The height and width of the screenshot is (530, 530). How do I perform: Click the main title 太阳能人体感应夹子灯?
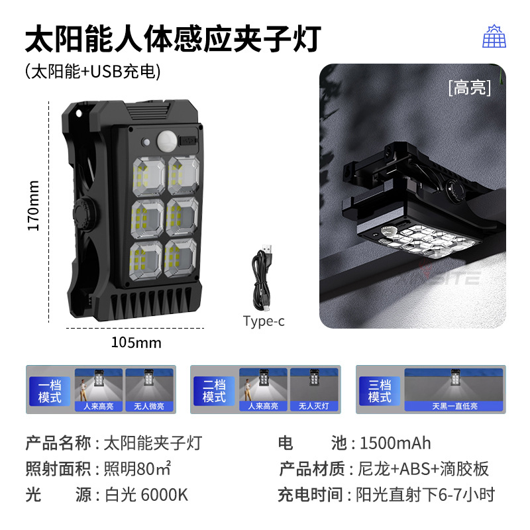pos(173,39)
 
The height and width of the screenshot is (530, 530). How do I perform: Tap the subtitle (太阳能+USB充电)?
pos(93,71)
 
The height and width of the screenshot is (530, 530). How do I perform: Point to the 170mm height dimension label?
pos(34,205)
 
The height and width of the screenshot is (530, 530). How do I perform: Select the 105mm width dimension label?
pos(136,343)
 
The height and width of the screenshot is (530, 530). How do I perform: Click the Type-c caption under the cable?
pos(264,321)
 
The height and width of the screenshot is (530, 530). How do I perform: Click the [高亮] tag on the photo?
pos(469,87)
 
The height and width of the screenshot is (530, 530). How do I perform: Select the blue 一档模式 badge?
pos(50,391)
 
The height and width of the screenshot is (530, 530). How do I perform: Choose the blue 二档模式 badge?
pos(214,391)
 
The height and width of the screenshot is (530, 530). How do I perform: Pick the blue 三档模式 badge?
pos(380,391)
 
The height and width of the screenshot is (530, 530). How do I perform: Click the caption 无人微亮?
pos(147,406)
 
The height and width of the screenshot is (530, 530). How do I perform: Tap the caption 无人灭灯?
pos(313,406)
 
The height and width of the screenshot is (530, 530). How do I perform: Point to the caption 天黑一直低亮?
pos(454,406)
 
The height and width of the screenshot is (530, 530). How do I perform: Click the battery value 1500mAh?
pos(395,443)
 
